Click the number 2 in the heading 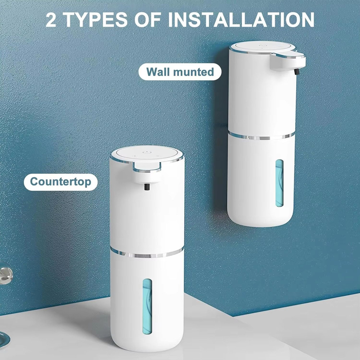click(x=51, y=20)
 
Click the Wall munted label click(x=180, y=72)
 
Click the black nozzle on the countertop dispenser click(x=146, y=188)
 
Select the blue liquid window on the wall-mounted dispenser click(x=279, y=184)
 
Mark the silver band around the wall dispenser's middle click(x=261, y=136)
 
